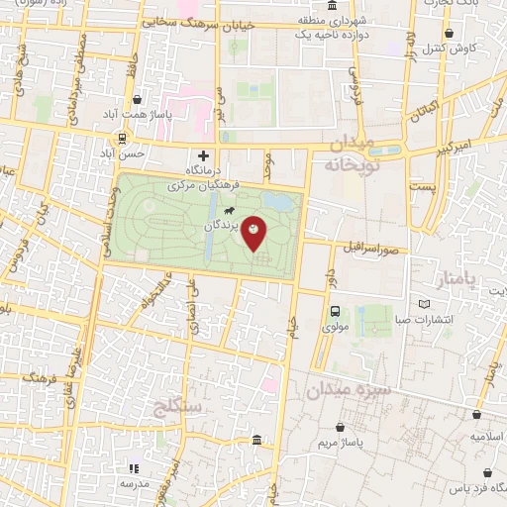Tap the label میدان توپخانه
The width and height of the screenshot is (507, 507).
(x=352, y=153)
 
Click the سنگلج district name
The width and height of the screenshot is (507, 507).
(x=179, y=406)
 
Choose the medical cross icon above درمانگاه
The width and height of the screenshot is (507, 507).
(x=204, y=155)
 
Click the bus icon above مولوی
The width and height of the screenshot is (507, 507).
(x=335, y=309)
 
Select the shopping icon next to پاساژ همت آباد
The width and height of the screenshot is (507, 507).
(x=137, y=100)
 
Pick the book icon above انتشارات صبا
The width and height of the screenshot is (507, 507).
(x=425, y=303)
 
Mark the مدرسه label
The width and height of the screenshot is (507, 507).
(x=135, y=483)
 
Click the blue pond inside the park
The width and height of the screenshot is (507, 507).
(x=279, y=202)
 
